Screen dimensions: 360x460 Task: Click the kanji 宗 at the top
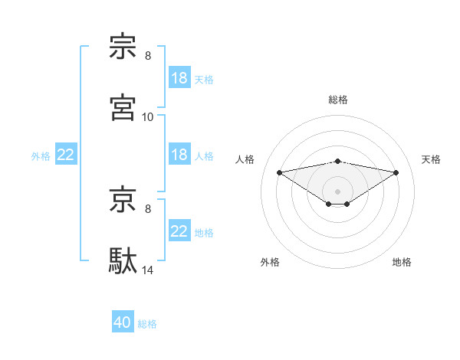pos(123,47)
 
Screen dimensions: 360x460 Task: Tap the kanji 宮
pos(123,107)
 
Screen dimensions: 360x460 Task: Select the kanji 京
pos(123,199)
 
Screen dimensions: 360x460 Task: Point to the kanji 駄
pos(123,260)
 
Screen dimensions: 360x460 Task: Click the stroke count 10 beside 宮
pos(148,116)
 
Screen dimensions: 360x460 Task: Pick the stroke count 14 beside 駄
pos(148,270)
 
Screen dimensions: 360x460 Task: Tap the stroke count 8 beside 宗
pos(148,56)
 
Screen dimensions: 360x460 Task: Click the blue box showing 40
pos(123,323)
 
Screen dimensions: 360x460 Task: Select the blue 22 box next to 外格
pos(66,155)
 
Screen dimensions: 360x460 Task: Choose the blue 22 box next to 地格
pos(179,231)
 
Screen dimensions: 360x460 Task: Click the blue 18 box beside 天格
pos(179,78)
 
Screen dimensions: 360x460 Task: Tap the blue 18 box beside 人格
pos(179,155)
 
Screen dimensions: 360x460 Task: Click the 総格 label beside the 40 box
pos(147,324)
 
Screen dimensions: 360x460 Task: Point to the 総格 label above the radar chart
pos(338,100)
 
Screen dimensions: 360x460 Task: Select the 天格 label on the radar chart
pos(431,159)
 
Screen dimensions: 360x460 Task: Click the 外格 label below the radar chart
pos(270,262)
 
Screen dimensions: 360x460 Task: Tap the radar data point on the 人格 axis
pos(279,172)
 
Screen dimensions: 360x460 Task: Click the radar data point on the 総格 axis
pos(338,161)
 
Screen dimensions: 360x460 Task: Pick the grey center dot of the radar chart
pos(338,191)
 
